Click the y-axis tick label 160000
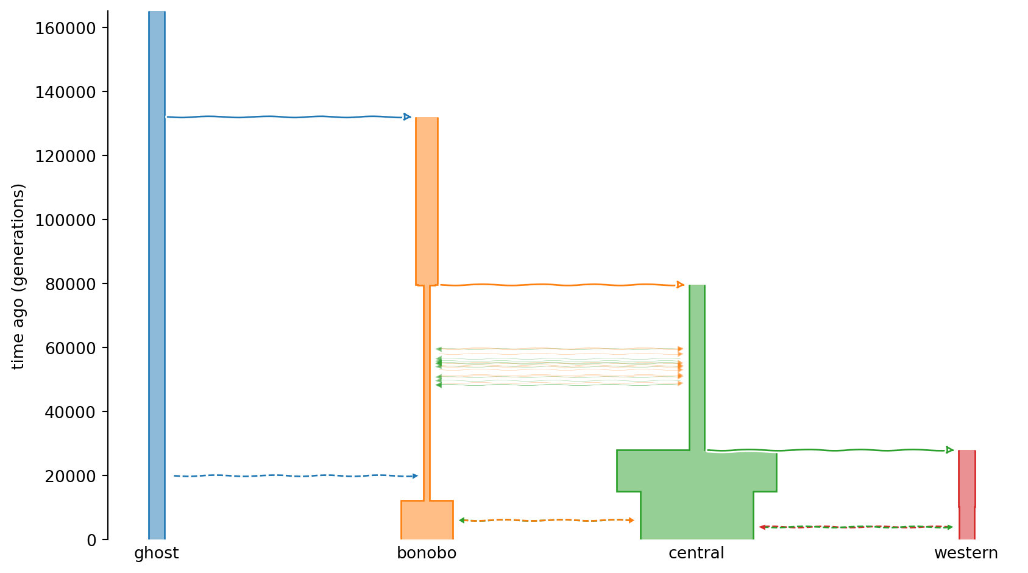(65, 29)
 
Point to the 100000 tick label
(65, 221)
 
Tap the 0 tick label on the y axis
(91, 541)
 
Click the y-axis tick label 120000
(65, 157)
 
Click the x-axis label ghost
(157, 553)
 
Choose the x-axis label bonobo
(427, 553)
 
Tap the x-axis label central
(696, 553)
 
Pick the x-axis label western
(966, 553)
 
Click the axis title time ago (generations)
(18, 276)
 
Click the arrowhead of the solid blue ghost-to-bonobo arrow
(407, 117)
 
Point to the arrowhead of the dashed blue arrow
(416, 476)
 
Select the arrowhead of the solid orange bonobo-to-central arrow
(680, 285)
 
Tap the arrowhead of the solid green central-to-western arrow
(949, 450)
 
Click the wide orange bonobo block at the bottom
(427, 520)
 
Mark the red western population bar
(967, 494)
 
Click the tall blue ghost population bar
(157, 276)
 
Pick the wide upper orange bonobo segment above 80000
(427, 201)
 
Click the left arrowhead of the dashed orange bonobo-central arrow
(462, 520)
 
